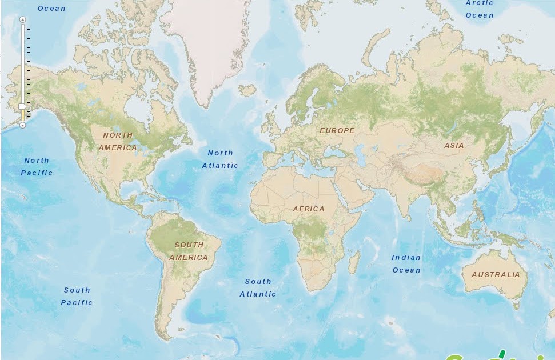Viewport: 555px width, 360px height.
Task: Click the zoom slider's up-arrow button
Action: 23,19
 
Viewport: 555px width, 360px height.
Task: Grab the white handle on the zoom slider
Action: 22,106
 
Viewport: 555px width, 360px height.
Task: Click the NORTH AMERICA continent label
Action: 118,142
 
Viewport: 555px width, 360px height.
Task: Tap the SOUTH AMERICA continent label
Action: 189,251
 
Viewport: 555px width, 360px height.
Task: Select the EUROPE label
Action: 337,131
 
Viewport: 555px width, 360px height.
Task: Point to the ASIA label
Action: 454,146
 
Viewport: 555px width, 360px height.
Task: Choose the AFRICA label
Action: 309,209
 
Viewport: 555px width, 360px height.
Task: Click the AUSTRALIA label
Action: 496,275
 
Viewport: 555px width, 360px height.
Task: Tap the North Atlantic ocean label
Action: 220,159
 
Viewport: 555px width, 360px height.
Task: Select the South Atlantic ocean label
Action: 258,288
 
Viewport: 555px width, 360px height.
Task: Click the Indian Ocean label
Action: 406,264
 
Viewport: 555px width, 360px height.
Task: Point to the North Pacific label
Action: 37,167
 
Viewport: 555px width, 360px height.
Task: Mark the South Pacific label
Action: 77,297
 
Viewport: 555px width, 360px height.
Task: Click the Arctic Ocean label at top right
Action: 480,9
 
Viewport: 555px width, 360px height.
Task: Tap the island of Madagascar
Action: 354,262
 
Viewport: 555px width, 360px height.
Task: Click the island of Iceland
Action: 247,90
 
